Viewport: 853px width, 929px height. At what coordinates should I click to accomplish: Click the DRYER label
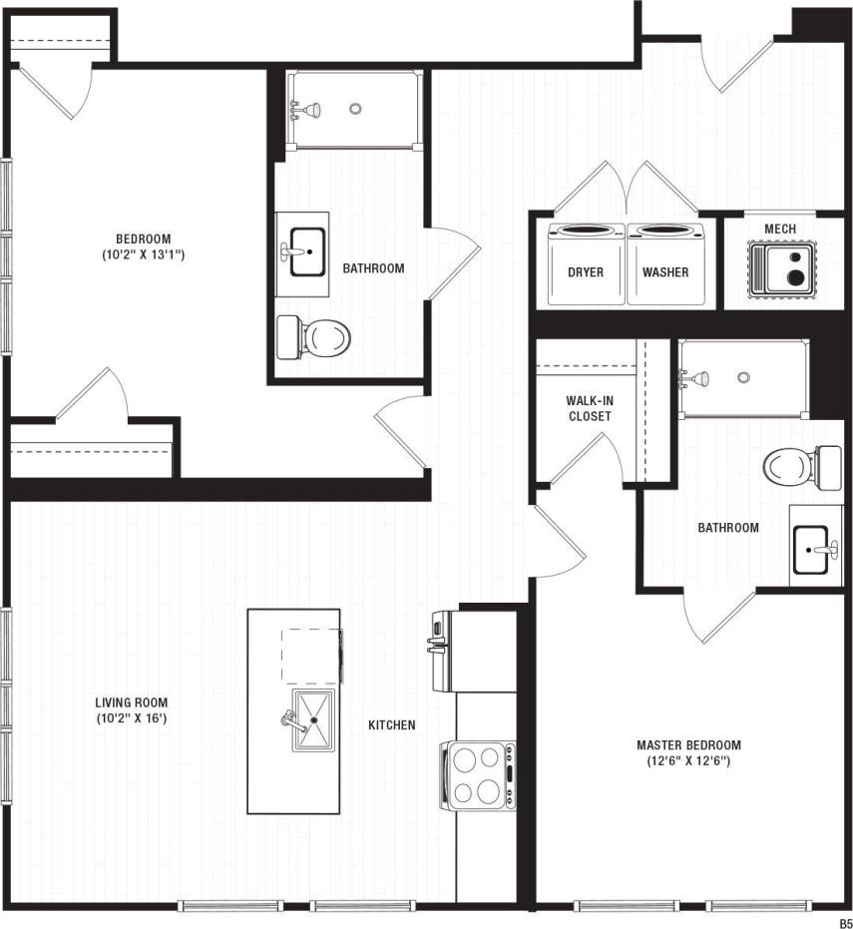(586, 271)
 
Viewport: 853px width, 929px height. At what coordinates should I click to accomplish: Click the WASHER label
(665, 271)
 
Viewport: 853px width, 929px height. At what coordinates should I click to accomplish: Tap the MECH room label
(780, 230)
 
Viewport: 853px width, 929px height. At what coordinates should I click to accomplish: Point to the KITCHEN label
(392, 725)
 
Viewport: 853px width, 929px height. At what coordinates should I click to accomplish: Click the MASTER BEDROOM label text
(689, 745)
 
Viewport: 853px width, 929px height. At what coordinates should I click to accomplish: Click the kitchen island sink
(313, 718)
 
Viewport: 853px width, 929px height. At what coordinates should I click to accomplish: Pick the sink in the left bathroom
(307, 251)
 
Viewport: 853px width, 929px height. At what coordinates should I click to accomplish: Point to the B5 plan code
(844, 922)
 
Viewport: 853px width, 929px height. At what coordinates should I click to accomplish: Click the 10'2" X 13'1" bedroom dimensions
(144, 254)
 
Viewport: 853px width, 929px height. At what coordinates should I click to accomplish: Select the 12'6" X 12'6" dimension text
(689, 761)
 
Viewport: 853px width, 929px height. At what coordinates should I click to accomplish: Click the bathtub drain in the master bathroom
(743, 377)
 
